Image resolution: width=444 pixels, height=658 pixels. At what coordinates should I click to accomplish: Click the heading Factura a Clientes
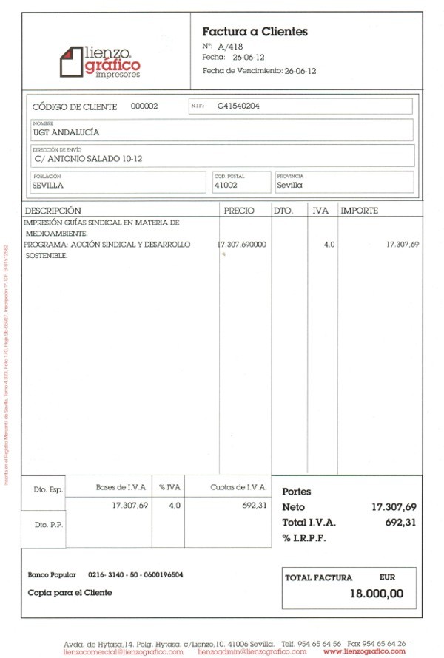(255, 32)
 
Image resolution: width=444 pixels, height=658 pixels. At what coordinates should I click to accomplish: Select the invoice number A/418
(231, 47)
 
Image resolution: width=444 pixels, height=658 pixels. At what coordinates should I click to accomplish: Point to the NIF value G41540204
(238, 106)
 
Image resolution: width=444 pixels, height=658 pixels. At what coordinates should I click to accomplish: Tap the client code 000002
(144, 106)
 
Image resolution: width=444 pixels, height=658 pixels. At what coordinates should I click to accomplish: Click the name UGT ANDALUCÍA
(67, 133)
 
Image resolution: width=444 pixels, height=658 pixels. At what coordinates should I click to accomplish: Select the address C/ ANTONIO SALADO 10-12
(88, 158)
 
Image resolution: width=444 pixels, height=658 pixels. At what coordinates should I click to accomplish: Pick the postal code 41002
(225, 186)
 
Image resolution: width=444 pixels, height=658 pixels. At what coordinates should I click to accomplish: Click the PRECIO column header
(239, 211)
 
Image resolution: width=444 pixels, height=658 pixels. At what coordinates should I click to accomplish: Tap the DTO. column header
(283, 211)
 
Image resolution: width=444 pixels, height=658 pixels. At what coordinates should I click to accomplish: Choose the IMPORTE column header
(359, 211)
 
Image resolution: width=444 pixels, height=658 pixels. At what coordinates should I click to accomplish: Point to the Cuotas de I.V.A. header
(238, 488)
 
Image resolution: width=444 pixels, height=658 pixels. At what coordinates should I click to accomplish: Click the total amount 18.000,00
(377, 593)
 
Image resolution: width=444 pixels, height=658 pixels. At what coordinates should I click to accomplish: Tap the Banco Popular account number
(135, 574)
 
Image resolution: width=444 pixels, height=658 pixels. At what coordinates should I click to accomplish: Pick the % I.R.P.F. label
(304, 537)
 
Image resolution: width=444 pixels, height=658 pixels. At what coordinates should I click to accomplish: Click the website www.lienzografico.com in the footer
(364, 651)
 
